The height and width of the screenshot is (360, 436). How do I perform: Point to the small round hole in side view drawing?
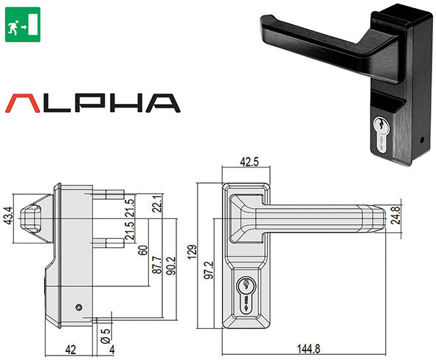click(x=78, y=306)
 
